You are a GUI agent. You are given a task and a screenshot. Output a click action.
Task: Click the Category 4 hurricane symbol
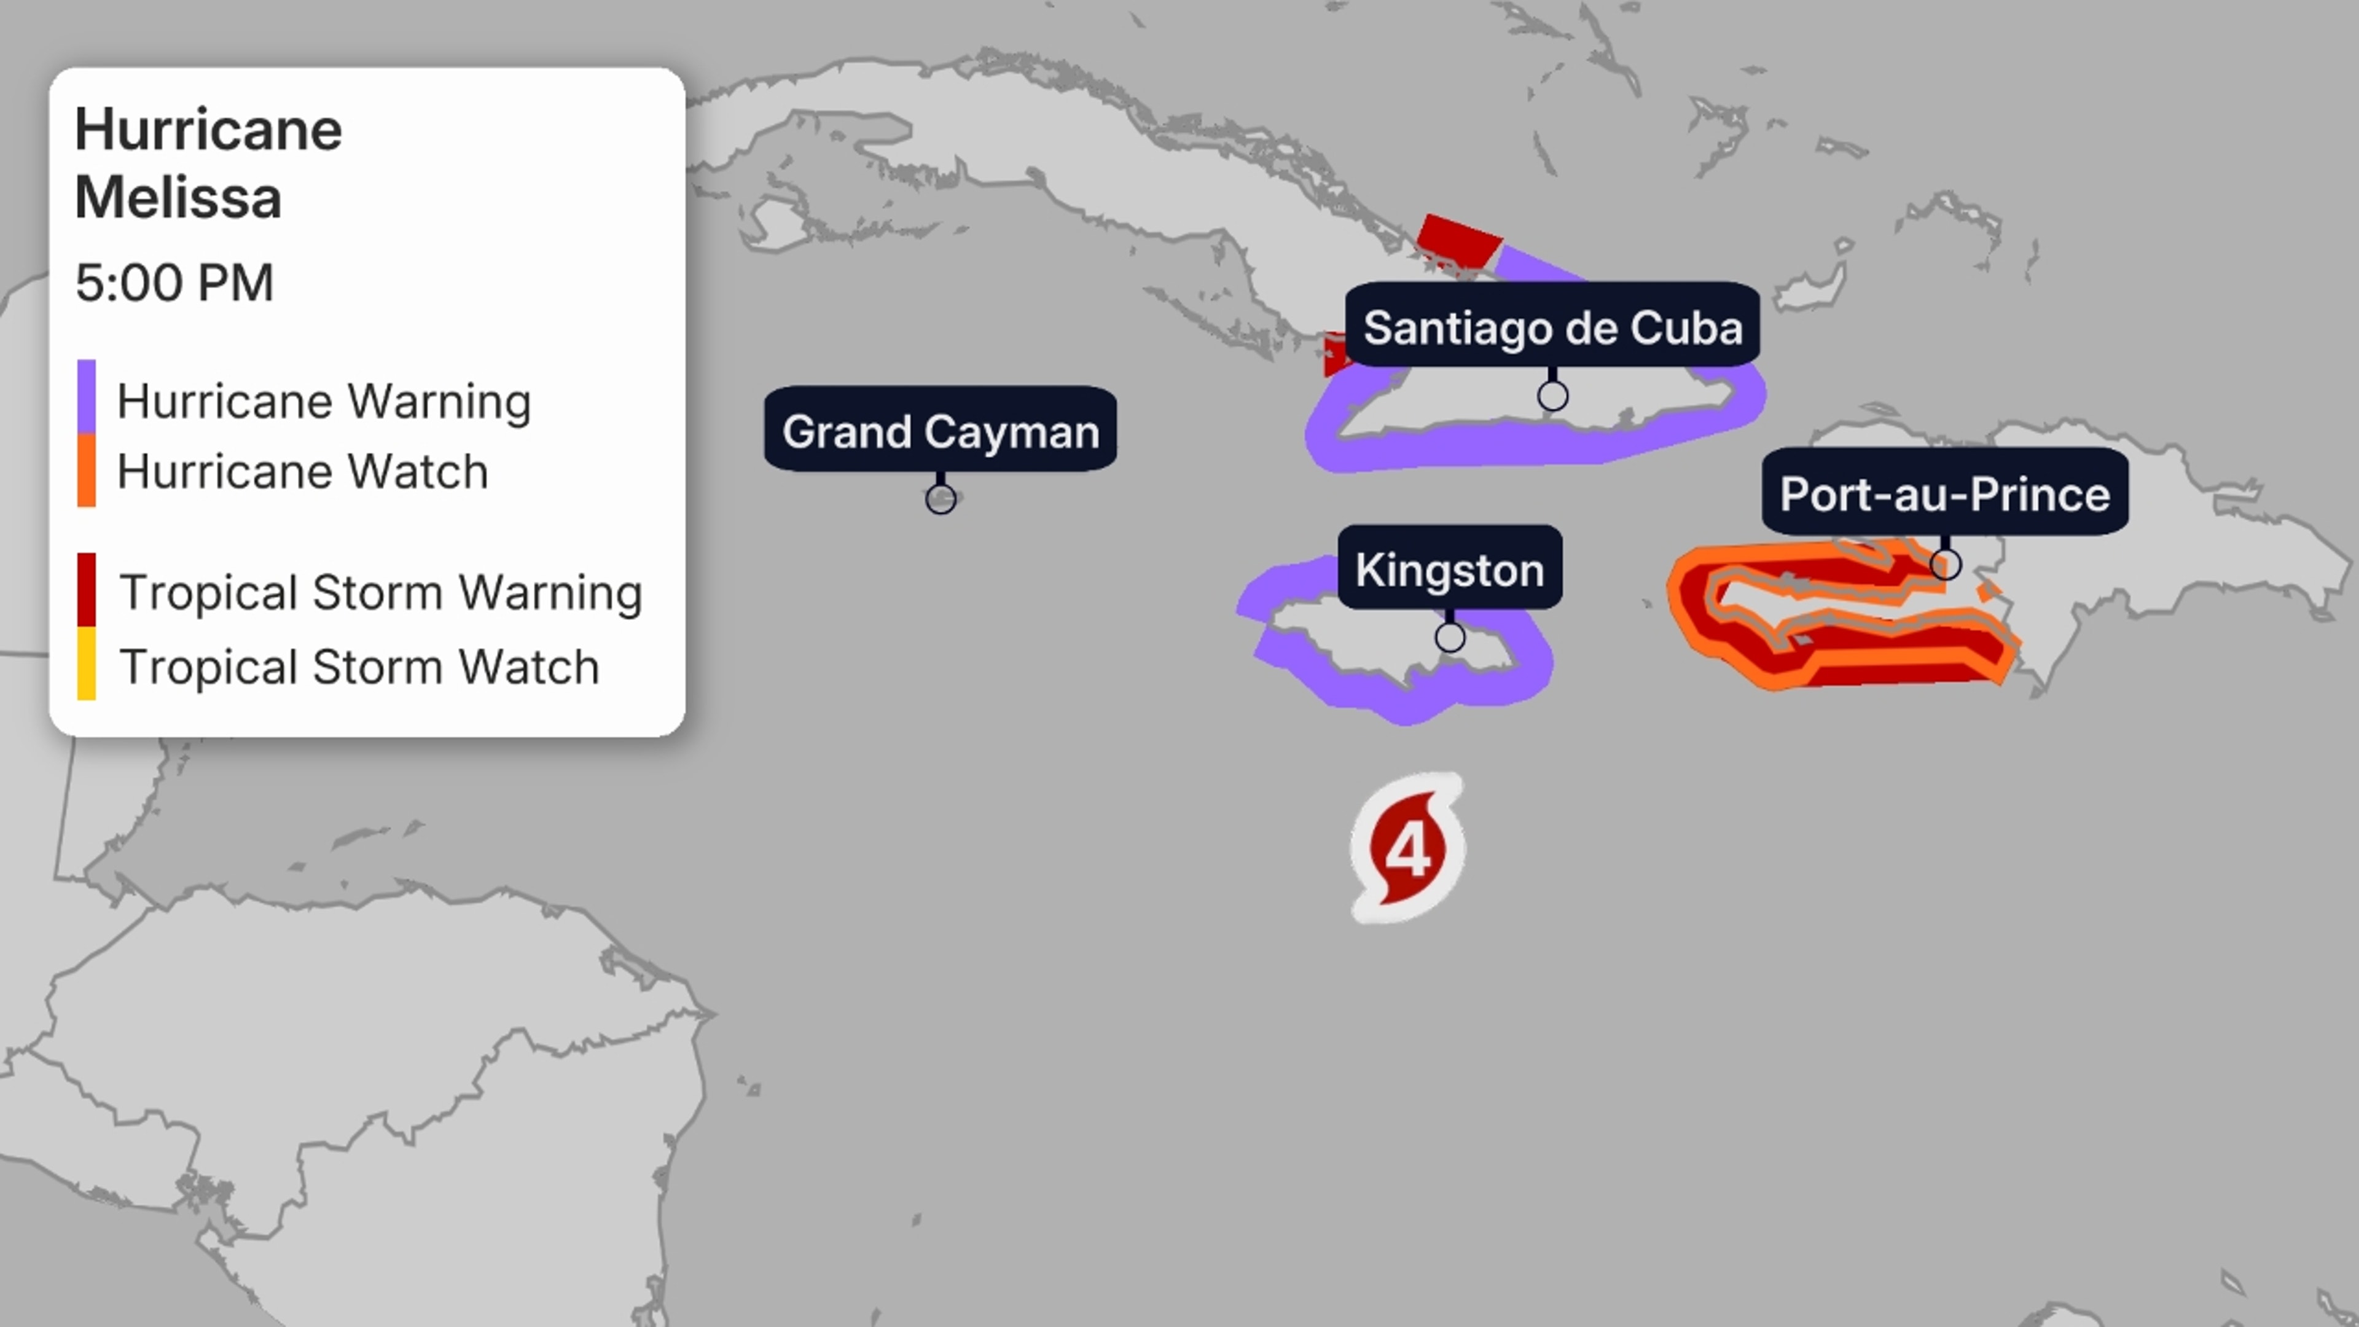1407,847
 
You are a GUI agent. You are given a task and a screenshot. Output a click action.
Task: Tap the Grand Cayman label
941,431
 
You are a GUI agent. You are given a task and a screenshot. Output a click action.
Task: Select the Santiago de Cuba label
1552,327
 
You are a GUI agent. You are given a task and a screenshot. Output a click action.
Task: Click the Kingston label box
1450,569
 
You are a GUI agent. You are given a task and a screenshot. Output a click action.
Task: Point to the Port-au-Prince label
1944,493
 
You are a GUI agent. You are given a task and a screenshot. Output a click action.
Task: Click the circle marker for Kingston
1450,636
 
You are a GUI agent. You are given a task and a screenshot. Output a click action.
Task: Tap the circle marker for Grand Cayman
941,499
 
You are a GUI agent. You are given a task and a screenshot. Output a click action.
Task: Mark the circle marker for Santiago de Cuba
1552,396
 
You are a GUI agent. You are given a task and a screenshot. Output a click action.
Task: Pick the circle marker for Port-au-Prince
1945,563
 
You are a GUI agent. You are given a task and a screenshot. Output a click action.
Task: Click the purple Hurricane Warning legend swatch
86,396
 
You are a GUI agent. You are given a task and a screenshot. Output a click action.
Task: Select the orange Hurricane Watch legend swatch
86,471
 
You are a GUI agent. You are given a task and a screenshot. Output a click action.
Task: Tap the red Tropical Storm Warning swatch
86,590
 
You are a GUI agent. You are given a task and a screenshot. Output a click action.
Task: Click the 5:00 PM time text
174,282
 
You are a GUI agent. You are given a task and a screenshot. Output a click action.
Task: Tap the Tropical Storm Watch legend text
359,667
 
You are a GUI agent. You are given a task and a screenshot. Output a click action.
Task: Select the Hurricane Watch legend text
302,472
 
